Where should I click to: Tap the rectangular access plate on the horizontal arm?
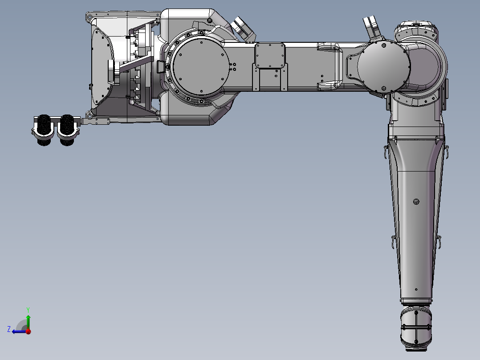point(269,55)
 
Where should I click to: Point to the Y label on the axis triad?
point(28,309)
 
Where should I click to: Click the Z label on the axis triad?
point(9,329)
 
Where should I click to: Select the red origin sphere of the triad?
point(28,331)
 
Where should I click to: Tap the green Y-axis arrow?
point(28,321)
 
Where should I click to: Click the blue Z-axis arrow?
point(19,331)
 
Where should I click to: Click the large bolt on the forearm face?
point(416,202)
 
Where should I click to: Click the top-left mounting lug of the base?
point(89,16)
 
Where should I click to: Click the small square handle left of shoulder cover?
point(159,67)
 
